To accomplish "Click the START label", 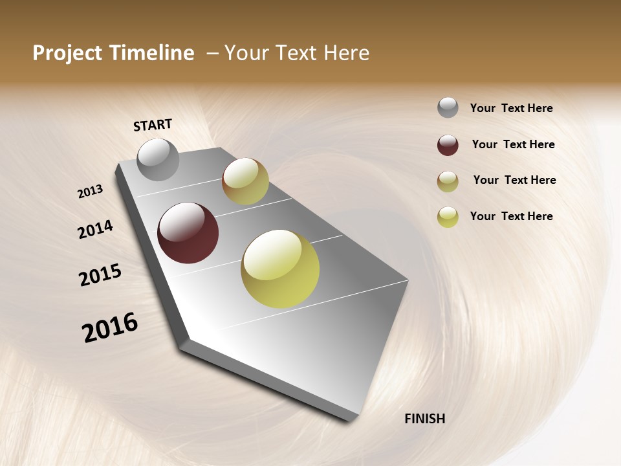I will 153,125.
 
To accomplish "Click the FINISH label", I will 424,419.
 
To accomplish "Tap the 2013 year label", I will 91,191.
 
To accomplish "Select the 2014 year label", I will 95,230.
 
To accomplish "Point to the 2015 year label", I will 100,275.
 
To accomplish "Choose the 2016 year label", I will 110,327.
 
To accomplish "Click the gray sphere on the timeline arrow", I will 158,159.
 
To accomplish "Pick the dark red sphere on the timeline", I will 188,233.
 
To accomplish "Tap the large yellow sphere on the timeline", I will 280,269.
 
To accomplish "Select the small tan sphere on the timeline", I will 245,181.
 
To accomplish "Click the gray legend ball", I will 448,107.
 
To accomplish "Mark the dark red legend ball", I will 448,145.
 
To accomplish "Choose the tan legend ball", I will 448,181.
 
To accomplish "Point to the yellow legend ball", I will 448,217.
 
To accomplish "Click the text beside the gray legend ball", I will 511,108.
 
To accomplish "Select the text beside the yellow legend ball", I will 511,216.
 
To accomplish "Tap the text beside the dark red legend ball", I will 513,144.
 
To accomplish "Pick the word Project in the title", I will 67,53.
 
